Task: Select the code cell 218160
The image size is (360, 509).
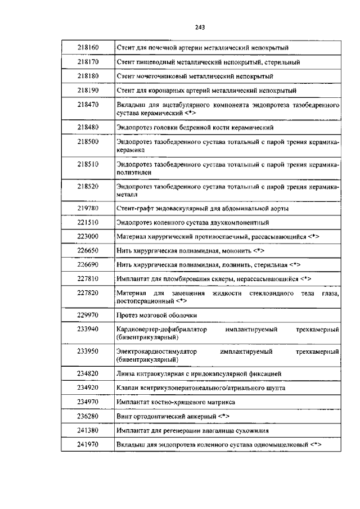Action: click(x=88, y=47)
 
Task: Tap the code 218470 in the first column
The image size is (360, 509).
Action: click(x=88, y=105)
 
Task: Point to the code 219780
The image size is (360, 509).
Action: click(x=88, y=208)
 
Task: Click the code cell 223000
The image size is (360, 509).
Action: click(x=88, y=237)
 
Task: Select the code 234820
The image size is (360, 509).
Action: click(x=88, y=373)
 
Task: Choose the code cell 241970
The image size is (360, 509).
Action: click(x=88, y=445)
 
